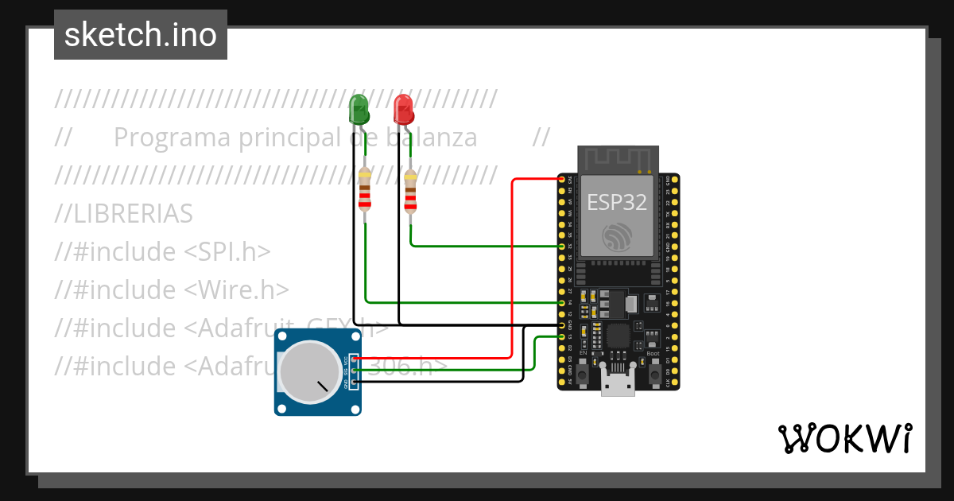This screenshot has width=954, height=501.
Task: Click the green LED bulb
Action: (x=359, y=108)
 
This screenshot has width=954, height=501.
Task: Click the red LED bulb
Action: (x=404, y=108)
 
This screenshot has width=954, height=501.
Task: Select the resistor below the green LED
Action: (x=365, y=190)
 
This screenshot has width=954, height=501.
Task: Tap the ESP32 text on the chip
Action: (x=617, y=202)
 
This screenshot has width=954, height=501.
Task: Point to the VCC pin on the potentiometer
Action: (x=354, y=360)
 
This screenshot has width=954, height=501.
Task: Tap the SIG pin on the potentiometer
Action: (x=354, y=371)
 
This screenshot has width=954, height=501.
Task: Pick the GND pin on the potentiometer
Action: (x=354, y=382)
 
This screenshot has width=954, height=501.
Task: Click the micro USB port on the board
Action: (x=618, y=386)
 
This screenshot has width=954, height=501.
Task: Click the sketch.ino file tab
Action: (x=141, y=35)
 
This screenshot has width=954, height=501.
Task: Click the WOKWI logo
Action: (x=844, y=438)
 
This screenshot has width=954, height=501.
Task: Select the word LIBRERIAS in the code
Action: (x=124, y=214)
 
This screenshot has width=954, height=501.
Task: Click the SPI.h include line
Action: (x=163, y=252)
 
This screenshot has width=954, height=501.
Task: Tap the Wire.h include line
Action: (x=172, y=290)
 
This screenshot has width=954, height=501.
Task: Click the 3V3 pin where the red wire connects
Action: (x=562, y=181)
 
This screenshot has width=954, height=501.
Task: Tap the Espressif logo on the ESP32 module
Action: (x=618, y=237)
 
